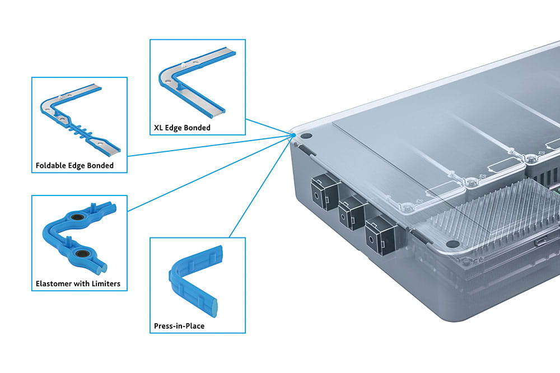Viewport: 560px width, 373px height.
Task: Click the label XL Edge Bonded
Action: click(182, 128)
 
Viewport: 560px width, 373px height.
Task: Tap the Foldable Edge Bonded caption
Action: click(74, 165)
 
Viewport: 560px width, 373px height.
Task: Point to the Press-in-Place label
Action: click(179, 325)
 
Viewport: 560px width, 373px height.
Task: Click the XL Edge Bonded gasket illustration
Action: click(193, 84)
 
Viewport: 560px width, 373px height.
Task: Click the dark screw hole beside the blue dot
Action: click(306, 136)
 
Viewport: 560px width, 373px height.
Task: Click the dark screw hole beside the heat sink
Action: click(454, 244)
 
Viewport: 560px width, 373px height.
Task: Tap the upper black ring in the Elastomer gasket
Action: click(77, 217)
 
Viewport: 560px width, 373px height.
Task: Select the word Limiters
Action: click(105, 283)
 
